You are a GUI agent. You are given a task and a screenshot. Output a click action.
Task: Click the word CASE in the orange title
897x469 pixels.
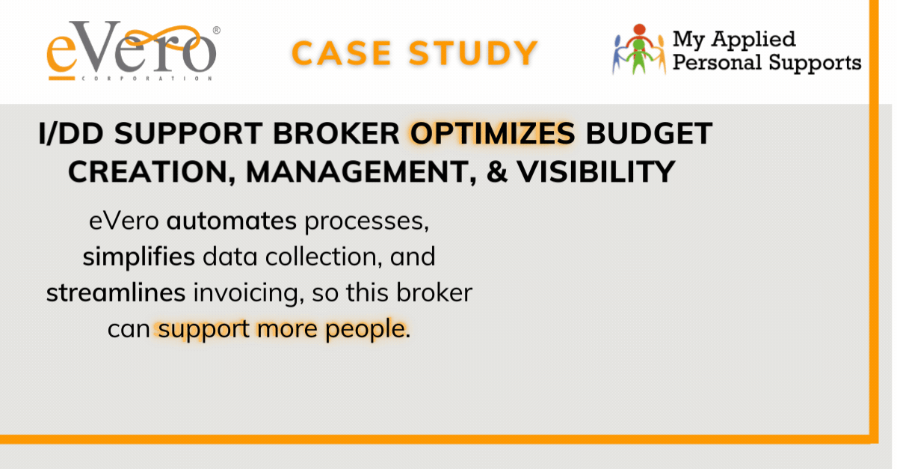[x=341, y=53]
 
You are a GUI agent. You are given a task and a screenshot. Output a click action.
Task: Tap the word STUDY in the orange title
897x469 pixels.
[x=473, y=53]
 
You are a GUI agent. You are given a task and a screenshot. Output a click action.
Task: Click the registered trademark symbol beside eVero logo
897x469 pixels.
[x=216, y=30]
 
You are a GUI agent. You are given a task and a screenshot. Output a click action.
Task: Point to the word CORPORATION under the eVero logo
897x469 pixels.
[x=147, y=79]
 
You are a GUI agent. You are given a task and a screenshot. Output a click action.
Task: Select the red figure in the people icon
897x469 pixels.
[x=640, y=35]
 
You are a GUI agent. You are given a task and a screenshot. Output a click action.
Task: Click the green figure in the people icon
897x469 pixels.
[x=639, y=56]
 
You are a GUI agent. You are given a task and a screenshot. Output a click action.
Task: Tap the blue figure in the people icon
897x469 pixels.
[x=618, y=55]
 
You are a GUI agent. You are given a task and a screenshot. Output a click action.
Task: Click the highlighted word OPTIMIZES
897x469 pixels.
[x=493, y=133]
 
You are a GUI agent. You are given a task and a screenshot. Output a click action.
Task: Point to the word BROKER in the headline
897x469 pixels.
[x=336, y=133]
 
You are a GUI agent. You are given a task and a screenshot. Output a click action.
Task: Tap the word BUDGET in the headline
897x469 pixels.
[x=649, y=133]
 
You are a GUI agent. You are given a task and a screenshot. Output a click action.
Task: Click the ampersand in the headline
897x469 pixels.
[x=497, y=171]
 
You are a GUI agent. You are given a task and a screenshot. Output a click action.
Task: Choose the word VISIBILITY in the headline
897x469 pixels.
[x=596, y=171]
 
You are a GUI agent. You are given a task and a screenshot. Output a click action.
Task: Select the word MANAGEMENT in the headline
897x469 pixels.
[x=361, y=172]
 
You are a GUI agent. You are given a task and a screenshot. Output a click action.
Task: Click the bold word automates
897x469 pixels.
[x=232, y=221]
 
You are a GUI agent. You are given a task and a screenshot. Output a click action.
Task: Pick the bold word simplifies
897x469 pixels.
[x=138, y=257]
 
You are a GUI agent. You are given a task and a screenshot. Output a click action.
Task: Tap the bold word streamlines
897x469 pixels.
[x=116, y=292]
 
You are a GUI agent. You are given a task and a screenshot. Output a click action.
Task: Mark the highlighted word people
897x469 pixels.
[x=365, y=330]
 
